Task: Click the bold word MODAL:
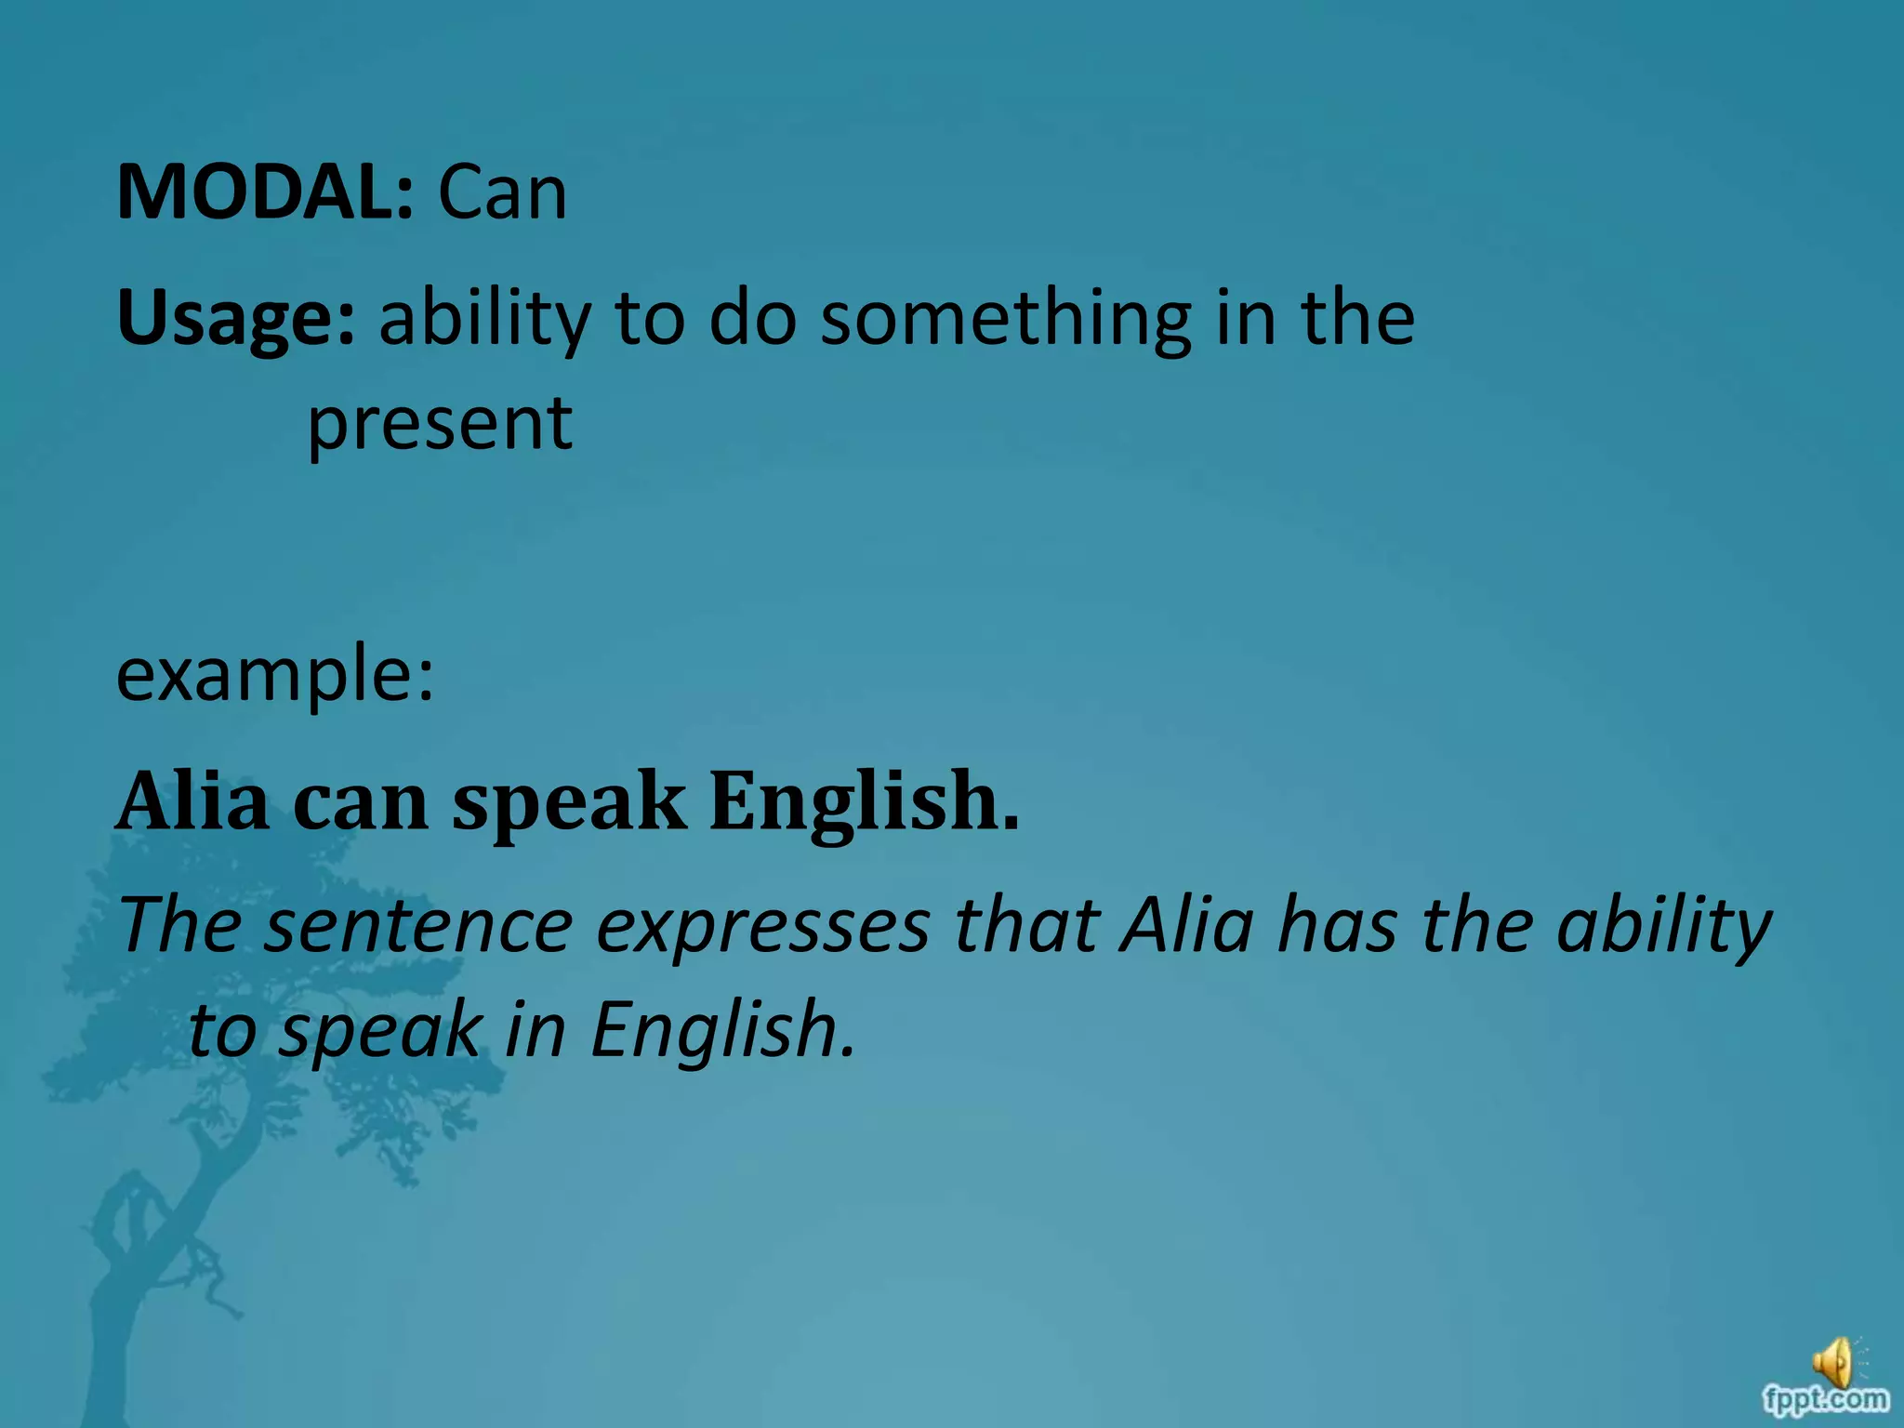[264, 192]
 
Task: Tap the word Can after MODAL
[502, 192]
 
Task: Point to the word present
[440, 424]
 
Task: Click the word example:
[275, 674]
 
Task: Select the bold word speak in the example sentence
[569, 801]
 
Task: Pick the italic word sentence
[418, 926]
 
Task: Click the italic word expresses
[762, 928]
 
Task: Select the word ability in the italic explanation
[1664, 928]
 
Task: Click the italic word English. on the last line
[722, 1030]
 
